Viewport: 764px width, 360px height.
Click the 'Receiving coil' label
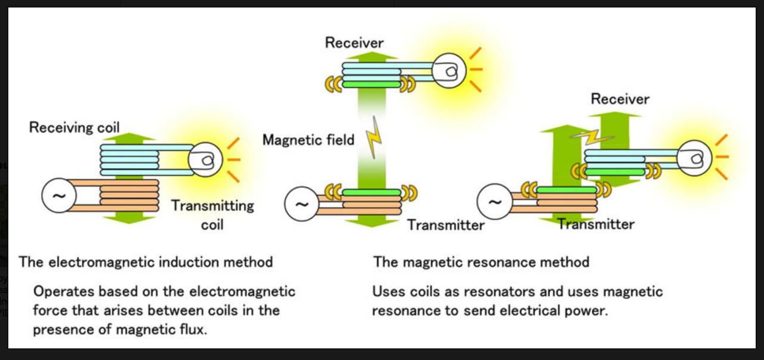[x=75, y=128]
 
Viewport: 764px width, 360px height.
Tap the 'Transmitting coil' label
[x=212, y=215]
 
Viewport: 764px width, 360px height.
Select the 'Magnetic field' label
[x=308, y=140]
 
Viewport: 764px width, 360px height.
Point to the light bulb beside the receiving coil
[x=205, y=159]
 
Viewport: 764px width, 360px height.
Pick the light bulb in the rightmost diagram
[x=695, y=158]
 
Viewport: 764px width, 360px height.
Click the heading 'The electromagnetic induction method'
[x=146, y=261]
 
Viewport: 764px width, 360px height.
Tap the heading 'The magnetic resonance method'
[x=481, y=261]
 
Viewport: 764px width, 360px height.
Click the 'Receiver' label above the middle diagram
[x=354, y=42]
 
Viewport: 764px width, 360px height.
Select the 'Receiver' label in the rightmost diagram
[x=620, y=99]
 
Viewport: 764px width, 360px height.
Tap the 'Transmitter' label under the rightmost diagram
[x=596, y=224]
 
